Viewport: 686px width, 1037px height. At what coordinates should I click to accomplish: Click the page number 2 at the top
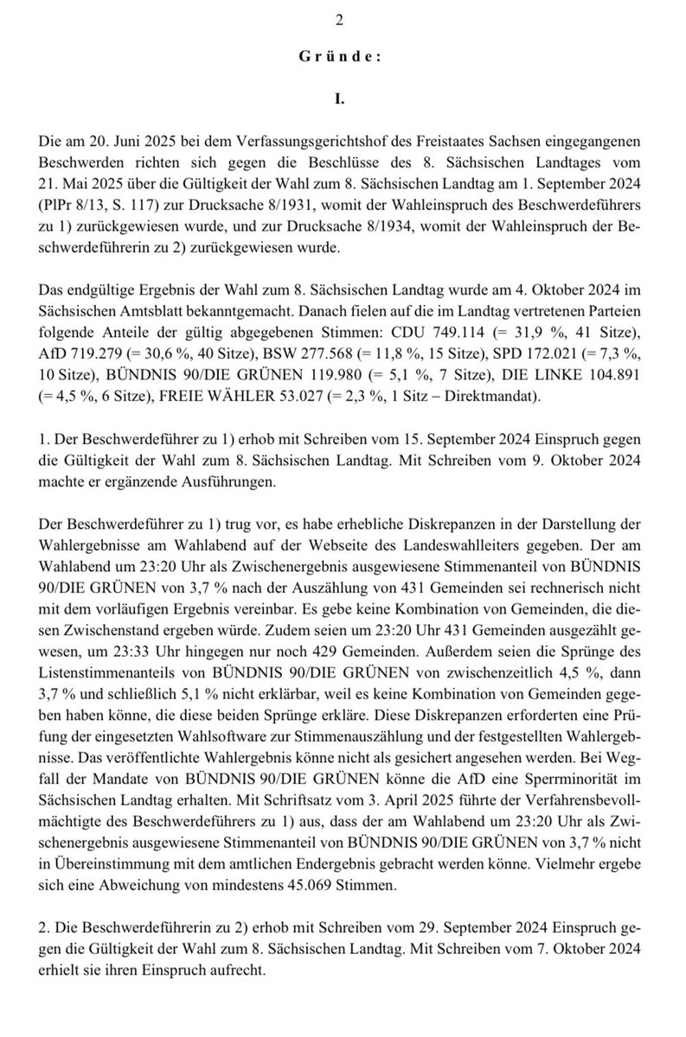344,22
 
